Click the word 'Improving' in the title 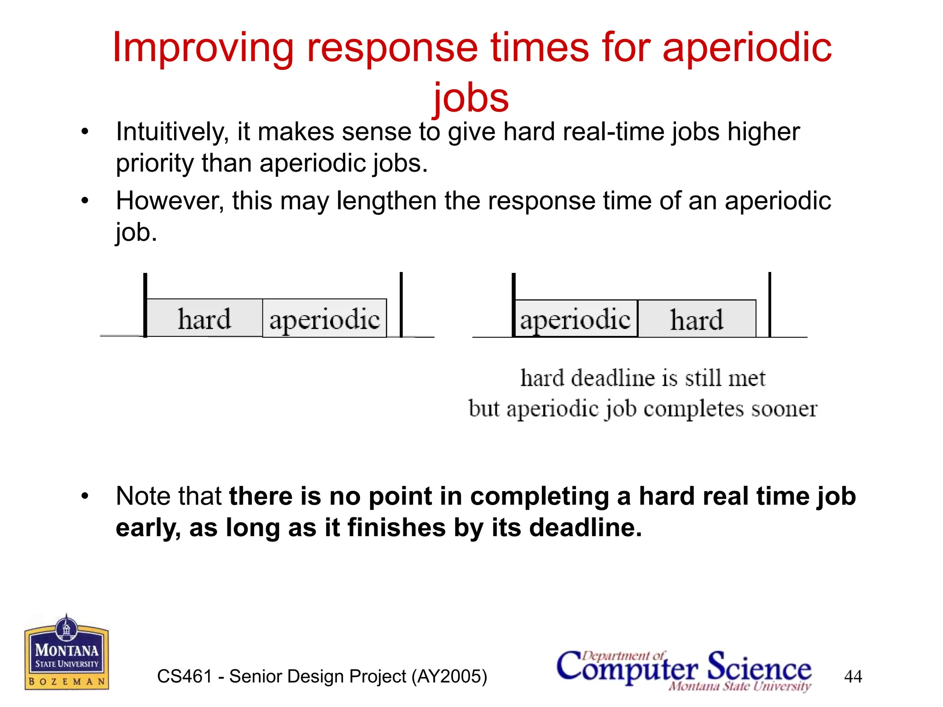(203, 49)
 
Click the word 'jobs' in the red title (471, 98)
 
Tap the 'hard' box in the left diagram (204, 319)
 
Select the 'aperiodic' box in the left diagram (325, 319)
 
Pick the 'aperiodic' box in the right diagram (576, 319)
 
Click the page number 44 (853, 677)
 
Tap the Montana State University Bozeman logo (67, 653)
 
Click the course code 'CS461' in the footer (184, 677)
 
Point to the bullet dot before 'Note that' (85, 497)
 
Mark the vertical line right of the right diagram (769, 305)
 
